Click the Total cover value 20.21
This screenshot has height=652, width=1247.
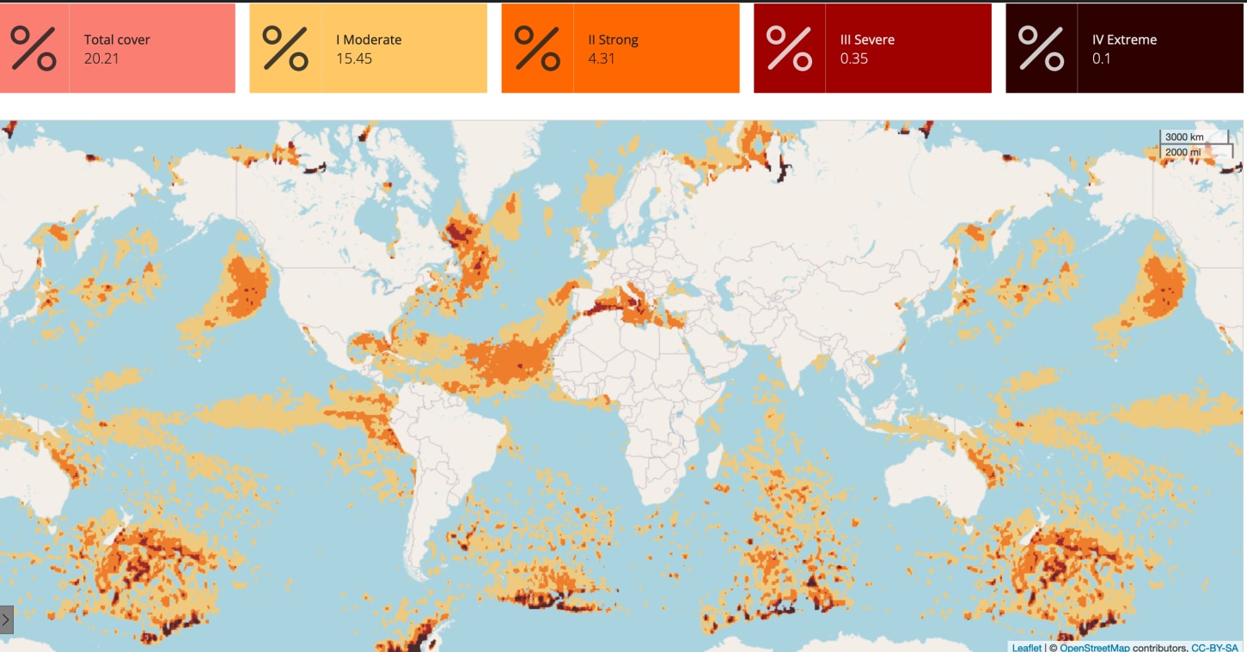[x=102, y=58]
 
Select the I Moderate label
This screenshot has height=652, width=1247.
[x=369, y=40]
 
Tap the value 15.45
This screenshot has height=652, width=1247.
[x=354, y=58]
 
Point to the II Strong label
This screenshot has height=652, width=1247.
[x=613, y=40]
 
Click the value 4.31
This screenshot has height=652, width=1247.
[x=602, y=58]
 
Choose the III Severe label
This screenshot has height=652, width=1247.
[x=867, y=40]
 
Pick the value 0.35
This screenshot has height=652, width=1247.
[x=854, y=58]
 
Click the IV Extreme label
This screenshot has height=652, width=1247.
[x=1124, y=40]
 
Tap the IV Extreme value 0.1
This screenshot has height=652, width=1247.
[x=1101, y=58]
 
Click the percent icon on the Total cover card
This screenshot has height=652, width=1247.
[x=34, y=48]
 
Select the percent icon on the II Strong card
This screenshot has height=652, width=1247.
[x=537, y=48]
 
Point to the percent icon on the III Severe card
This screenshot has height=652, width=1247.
[x=789, y=48]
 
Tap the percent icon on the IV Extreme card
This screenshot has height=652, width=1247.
[x=1041, y=48]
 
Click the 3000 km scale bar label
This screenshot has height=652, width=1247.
[x=1184, y=137]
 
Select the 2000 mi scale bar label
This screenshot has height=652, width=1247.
[x=1183, y=152]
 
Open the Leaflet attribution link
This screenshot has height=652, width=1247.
[x=1026, y=648]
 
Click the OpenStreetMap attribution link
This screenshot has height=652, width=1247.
[x=1095, y=648]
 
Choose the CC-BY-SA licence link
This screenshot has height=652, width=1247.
[x=1214, y=648]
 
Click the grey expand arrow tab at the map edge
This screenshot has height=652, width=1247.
[x=7, y=618]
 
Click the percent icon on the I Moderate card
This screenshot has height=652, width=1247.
[x=285, y=48]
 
